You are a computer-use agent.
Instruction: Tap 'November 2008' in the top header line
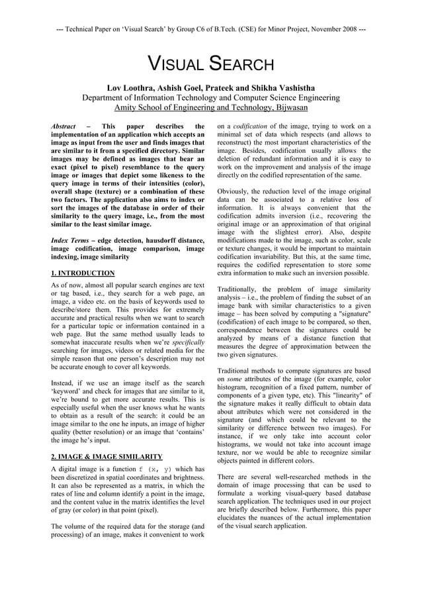(327, 30)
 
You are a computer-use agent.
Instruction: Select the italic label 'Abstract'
(64, 126)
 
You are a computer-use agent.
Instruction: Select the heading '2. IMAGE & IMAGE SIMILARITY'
(106, 457)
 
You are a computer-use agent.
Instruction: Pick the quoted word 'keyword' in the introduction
(69, 392)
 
